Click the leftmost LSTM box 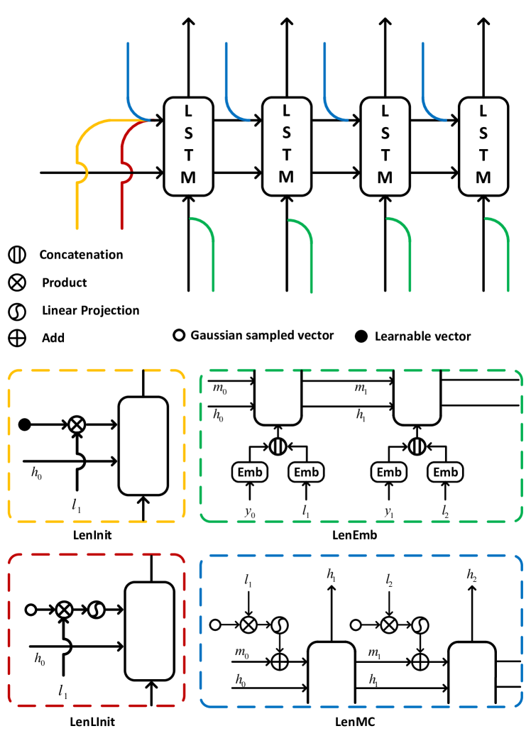click(188, 146)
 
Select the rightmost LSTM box click(483, 146)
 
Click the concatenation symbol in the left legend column click(17, 255)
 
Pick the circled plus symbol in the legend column click(17, 338)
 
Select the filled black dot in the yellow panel click(25, 424)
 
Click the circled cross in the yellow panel click(76, 424)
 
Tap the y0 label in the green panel click(249, 509)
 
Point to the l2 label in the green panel click(446, 509)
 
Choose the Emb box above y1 click(389, 472)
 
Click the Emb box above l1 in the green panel click(307, 472)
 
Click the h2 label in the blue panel click(472, 576)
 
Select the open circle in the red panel click(31, 610)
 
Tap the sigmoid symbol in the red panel click(94, 610)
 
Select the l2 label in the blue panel click(389, 581)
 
